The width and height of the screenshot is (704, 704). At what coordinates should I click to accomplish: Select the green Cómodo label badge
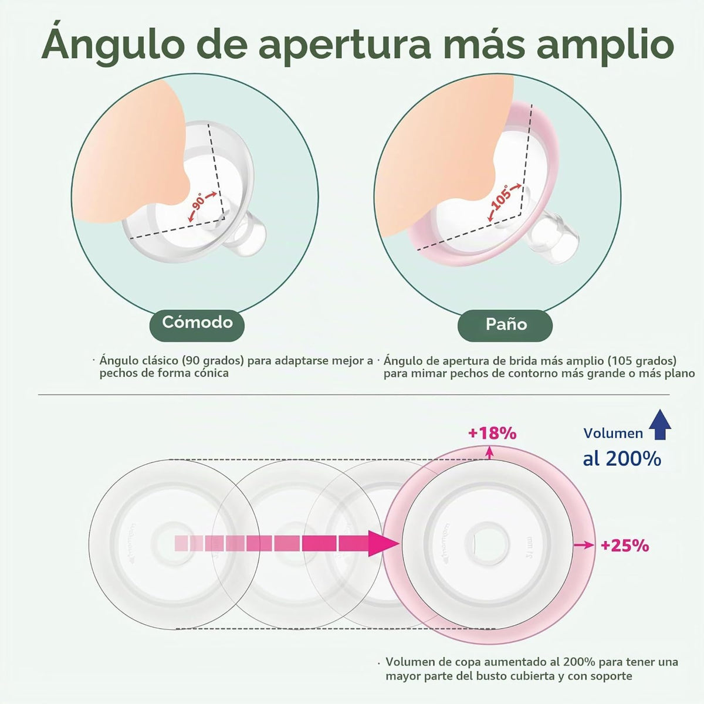pos(197,325)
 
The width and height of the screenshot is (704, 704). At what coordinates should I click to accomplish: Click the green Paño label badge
pos(505,325)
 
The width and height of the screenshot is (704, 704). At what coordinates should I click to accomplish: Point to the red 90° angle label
pos(199,203)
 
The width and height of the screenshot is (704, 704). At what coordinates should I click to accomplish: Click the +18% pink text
pos(492,434)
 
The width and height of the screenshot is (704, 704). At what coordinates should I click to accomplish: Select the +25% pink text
pos(625,546)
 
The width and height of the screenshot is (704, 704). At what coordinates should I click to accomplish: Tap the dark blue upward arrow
pos(659,425)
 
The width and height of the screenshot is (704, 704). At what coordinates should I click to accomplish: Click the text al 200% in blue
pos(622,459)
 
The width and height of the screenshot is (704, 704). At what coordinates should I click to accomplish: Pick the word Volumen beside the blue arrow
pos(613,434)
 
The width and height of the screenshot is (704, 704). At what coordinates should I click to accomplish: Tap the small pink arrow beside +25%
pos(583,545)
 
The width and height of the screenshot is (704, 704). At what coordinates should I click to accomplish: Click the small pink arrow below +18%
pos(490,452)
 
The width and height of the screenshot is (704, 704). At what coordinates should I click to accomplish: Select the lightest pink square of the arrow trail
pos(182,543)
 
